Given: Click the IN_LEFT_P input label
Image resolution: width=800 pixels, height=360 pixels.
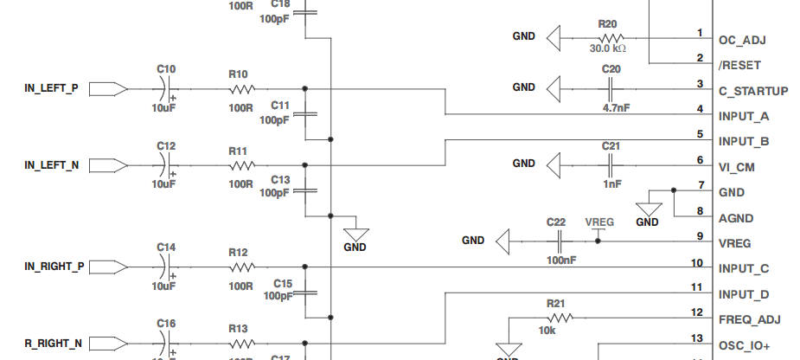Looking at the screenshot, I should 51,88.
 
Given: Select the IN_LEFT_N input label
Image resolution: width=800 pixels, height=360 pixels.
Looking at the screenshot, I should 52,164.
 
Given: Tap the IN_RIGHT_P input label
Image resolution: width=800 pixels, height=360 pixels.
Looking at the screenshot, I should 54,267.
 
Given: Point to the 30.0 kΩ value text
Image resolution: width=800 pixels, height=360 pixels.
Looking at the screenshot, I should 608,49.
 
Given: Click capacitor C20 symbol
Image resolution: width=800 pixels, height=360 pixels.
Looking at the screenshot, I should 611,87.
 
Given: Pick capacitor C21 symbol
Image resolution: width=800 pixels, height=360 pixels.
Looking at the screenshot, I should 611,163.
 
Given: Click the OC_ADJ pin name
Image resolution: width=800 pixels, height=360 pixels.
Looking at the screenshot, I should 742,39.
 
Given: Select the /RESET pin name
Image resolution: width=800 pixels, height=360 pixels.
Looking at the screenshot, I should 740,65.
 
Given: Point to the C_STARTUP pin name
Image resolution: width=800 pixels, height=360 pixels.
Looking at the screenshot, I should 752,91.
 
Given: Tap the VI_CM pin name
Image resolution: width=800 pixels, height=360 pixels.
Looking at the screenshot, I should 737,167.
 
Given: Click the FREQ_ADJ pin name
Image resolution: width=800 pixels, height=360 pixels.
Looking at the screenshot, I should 749,319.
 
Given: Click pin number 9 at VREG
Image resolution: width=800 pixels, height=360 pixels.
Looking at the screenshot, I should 699,235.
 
